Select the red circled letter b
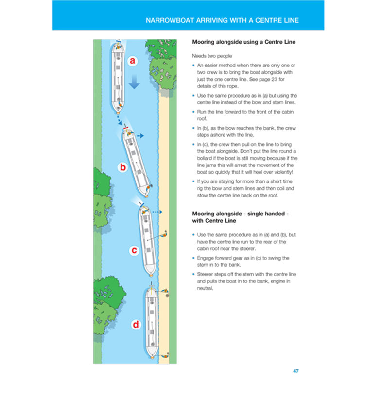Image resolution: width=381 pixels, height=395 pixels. pos(123,167)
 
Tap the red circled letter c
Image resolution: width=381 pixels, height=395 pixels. pos(135,250)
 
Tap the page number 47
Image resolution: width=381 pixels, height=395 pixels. pos(295,371)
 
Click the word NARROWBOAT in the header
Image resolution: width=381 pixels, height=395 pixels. pos(168,20)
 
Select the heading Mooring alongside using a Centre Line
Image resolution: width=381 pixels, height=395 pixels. pos(244,42)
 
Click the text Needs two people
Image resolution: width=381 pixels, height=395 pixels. pos(212,56)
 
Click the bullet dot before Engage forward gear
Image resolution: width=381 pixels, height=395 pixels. pos(194,258)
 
